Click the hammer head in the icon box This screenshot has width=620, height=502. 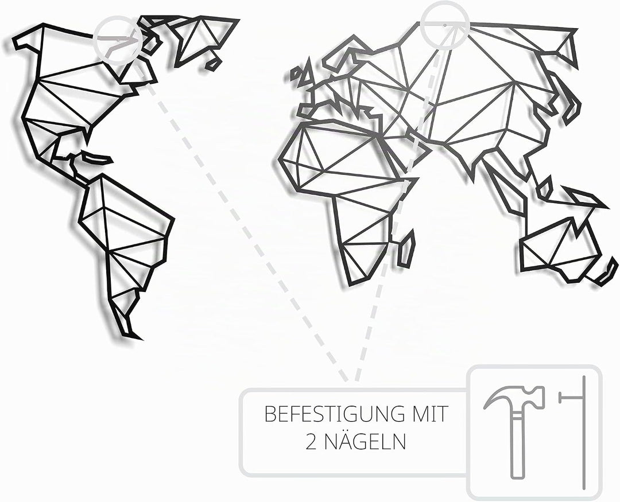pyautogui.click(x=514, y=396)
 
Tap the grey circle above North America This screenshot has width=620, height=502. pyautogui.click(x=118, y=40)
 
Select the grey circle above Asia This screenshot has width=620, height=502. pyautogui.click(x=445, y=25)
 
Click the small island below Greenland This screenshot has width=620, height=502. pyautogui.click(x=214, y=64)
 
